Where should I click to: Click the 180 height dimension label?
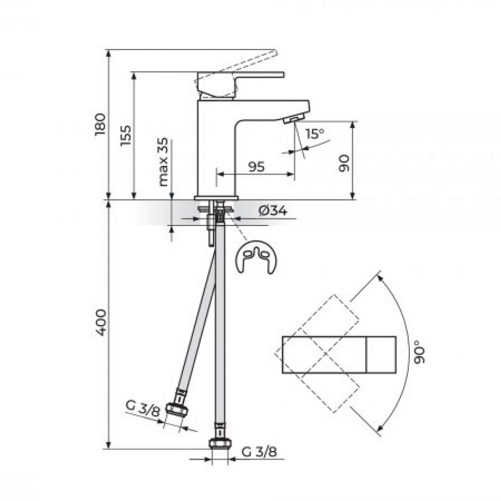[100, 124]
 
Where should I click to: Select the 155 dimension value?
[126, 136]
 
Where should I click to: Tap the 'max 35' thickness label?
[163, 162]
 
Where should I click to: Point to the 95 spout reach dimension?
[256, 166]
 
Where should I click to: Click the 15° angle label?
[315, 134]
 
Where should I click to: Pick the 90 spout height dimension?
[344, 163]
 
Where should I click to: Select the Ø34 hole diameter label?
[273, 210]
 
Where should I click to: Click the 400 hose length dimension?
[101, 322]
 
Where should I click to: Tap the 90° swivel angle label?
[419, 352]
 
